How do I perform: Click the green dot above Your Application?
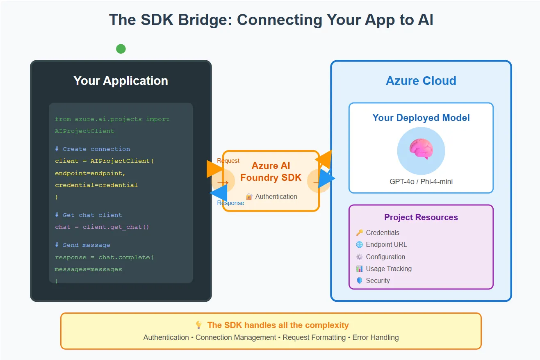coord(121,49)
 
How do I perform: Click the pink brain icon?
coord(421,150)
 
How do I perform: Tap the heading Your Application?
coord(121,81)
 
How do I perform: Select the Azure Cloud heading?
coord(421,81)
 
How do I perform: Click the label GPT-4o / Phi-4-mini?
coord(421,181)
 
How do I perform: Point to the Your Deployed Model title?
coord(421,118)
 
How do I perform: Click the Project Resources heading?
coord(421,217)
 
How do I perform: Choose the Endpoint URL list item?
coord(386,245)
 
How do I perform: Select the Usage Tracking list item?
coord(389,269)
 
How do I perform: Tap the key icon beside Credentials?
coord(360,232)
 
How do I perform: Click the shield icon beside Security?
coord(360,281)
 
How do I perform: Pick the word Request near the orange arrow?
coord(228,161)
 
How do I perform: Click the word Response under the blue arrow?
coord(230,203)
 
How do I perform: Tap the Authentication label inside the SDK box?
coord(276,197)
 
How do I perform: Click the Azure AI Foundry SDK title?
coord(271,172)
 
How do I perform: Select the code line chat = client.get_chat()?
coord(102,227)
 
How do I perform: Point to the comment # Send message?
coord(82,245)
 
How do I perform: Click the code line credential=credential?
coord(96,185)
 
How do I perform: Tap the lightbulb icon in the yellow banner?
coord(199,325)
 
